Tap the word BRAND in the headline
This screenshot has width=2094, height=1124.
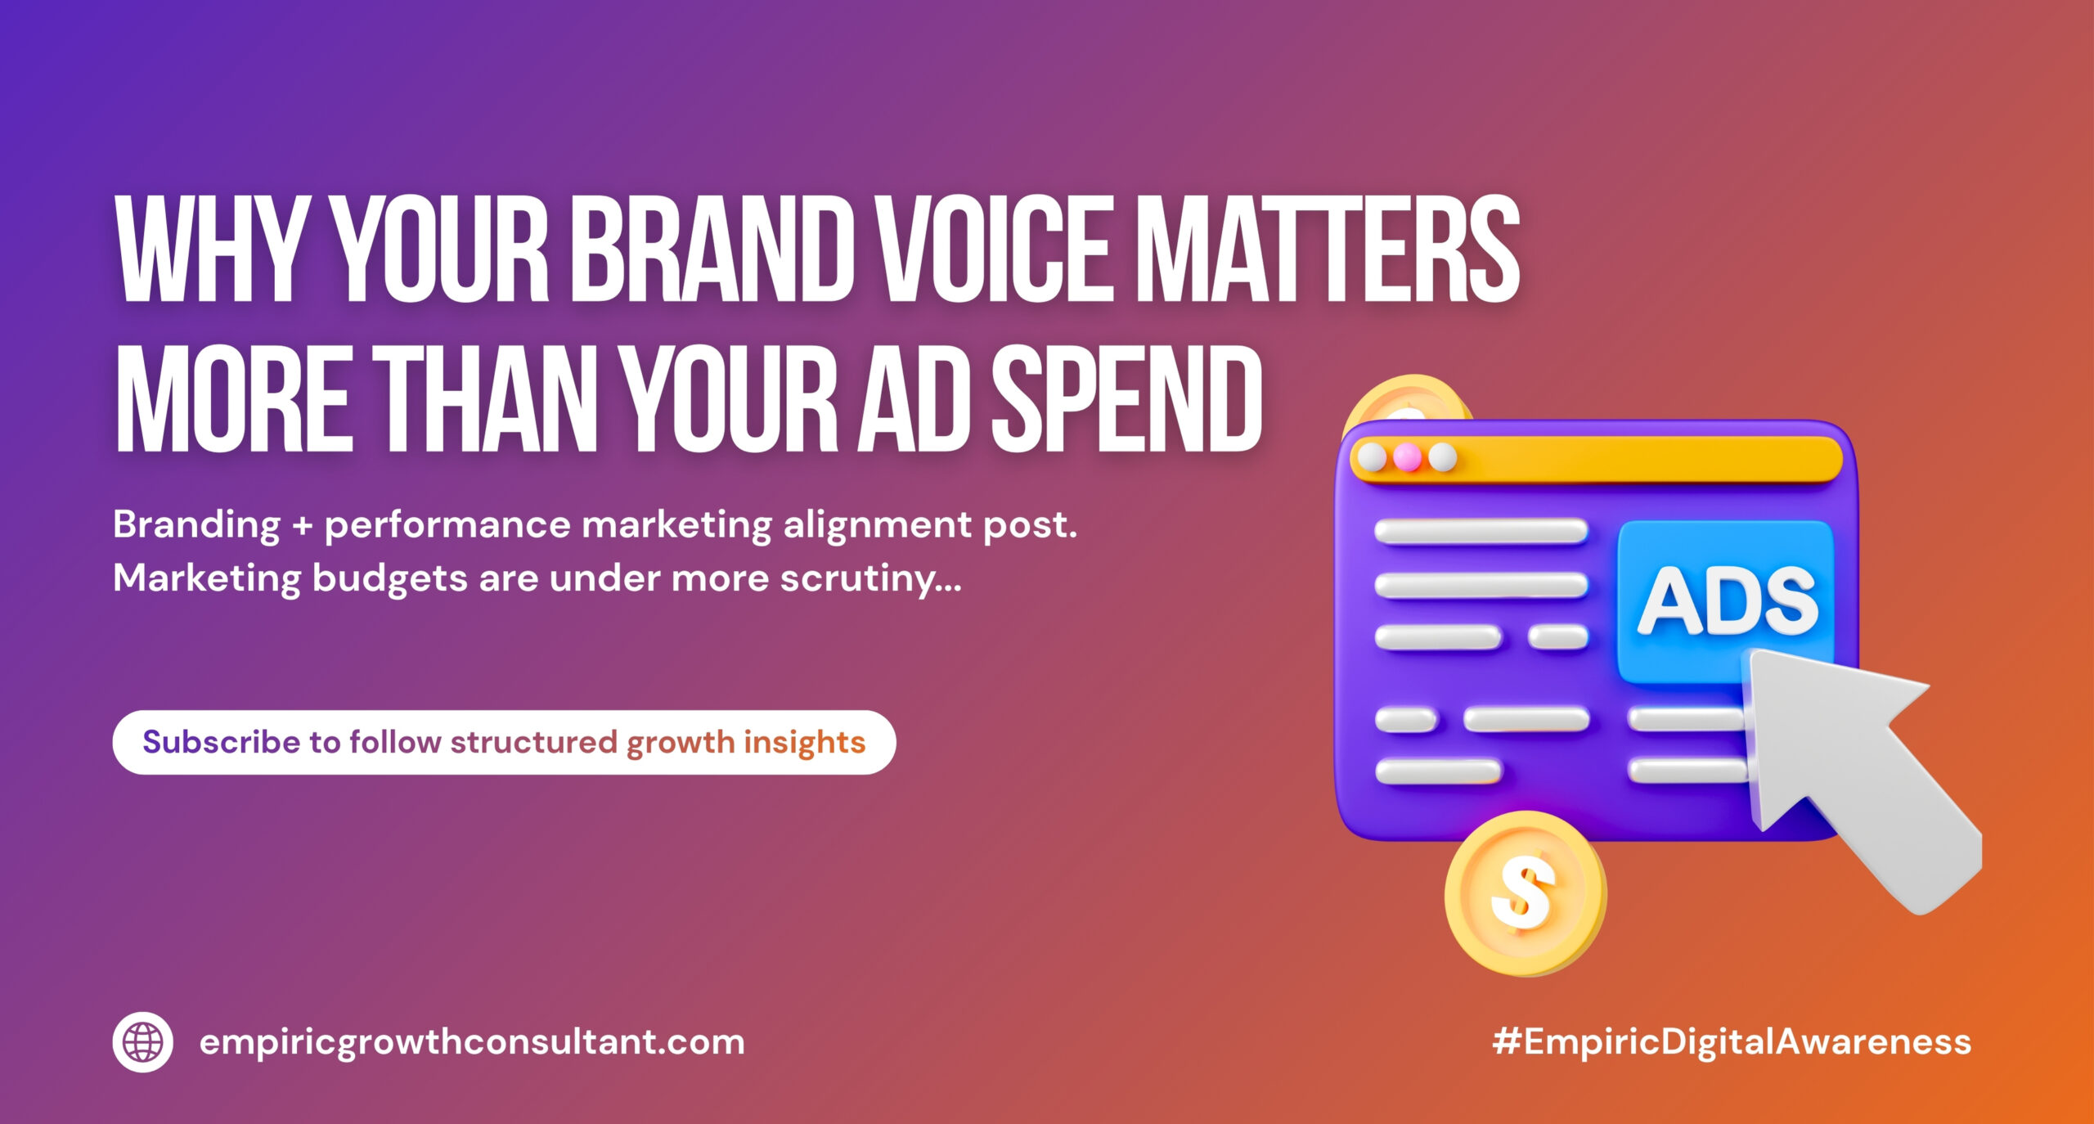tap(706, 249)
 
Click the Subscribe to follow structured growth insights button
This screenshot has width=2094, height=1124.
tap(504, 742)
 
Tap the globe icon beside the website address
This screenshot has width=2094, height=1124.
tap(142, 1042)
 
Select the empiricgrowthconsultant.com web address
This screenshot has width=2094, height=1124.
tap(472, 1043)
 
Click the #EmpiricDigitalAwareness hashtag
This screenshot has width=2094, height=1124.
tap(1732, 1042)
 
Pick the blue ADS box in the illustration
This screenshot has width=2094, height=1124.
tap(1725, 600)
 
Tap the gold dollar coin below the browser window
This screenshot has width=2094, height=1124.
tap(1525, 893)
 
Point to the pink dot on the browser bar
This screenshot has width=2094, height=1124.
tap(1407, 457)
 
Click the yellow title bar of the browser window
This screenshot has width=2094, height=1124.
tap(1596, 459)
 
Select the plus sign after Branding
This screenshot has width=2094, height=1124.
tap(303, 525)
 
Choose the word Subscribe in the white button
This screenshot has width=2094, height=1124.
tap(222, 742)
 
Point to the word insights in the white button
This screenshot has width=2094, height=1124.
tap(804, 743)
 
